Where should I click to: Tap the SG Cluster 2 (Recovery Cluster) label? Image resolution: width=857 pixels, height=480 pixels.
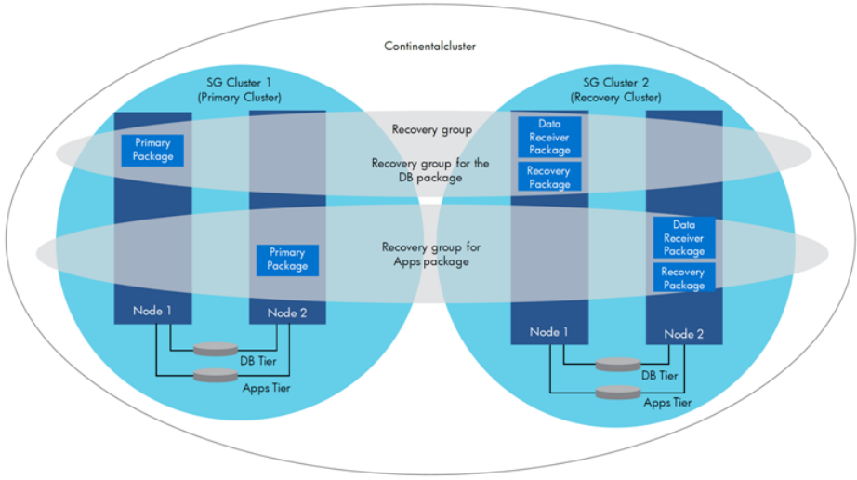tap(610, 89)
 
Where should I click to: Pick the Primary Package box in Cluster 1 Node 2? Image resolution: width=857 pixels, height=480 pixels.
tap(287, 260)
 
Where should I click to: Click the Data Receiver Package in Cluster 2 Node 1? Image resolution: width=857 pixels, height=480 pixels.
tap(548, 137)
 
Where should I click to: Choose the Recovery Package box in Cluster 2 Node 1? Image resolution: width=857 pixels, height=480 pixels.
tap(548, 178)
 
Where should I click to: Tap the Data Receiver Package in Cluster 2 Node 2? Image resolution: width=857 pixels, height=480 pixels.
tap(684, 238)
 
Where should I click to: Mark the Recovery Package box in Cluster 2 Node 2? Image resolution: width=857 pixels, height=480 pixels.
tap(684, 278)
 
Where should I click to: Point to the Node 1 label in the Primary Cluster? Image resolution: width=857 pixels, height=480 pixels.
tap(152, 311)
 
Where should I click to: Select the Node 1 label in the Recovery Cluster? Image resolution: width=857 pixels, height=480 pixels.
tap(550, 332)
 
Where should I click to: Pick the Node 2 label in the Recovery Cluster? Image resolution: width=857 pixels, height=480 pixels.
tap(684, 334)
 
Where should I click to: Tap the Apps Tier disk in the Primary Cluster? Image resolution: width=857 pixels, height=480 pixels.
tap(215, 376)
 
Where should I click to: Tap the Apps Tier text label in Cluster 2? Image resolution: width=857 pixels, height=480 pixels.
tap(667, 403)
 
